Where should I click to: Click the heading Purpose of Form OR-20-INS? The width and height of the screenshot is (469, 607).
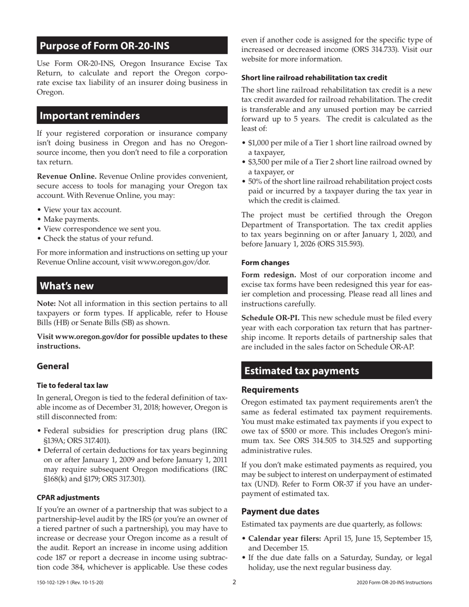104,46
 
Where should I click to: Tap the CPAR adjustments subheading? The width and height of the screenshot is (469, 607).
68,497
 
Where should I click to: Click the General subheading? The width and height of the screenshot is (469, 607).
53,366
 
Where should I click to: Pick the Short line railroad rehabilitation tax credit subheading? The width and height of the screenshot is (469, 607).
314,77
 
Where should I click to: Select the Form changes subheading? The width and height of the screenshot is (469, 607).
265,263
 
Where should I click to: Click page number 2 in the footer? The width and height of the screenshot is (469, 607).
234,582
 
